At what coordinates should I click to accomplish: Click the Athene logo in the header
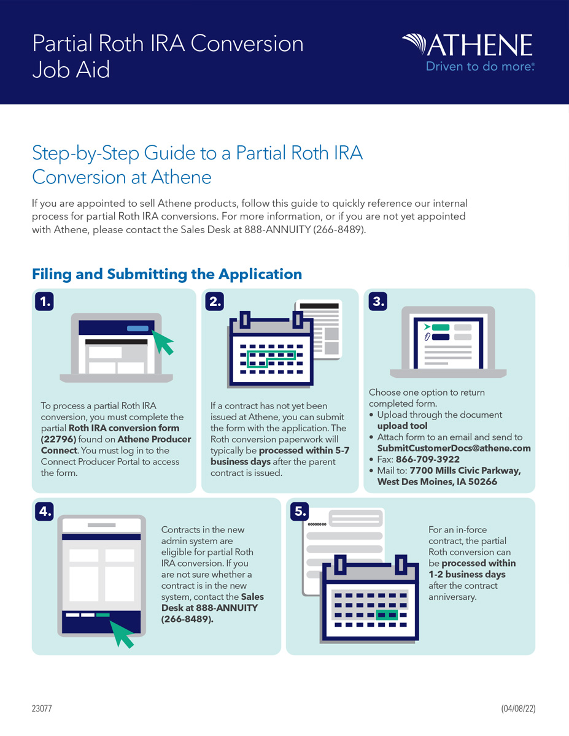coord(468,45)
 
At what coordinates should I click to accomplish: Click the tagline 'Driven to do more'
coord(480,67)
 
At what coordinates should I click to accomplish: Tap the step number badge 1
coord(44,301)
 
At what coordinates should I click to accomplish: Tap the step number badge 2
coord(214,301)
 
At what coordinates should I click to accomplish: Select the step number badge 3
coord(376,301)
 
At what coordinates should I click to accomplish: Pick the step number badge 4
coord(44,511)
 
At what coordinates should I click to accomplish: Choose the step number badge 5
coord(299,511)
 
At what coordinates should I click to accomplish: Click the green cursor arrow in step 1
coord(162,341)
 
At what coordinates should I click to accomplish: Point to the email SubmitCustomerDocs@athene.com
coord(454,448)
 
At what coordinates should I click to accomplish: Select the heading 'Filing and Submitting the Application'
coord(167,274)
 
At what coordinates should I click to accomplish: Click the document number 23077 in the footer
coord(42,708)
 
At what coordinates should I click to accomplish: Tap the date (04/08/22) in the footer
coord(519,708)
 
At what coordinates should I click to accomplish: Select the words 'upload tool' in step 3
coord(402,426)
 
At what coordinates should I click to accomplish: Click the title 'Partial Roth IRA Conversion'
coord(168,44)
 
